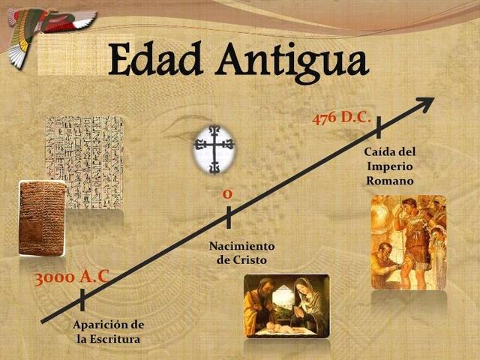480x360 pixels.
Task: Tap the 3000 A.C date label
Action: point(72,277)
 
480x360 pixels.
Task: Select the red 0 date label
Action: point(226,195)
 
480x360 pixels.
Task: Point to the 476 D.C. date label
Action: point(341,118)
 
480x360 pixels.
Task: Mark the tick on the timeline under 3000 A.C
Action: point(82,299)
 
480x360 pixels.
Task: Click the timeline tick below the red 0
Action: point(228,217)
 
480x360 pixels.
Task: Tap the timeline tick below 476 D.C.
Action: point(379,127)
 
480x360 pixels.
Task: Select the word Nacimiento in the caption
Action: point(241,246)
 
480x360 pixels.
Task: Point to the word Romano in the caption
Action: point(390,181)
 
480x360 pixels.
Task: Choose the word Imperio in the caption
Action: point(390,166)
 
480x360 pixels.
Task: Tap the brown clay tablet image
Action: point(40,217)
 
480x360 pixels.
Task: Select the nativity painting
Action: point(286,305)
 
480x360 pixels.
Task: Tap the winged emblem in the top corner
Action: point(45,26)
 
